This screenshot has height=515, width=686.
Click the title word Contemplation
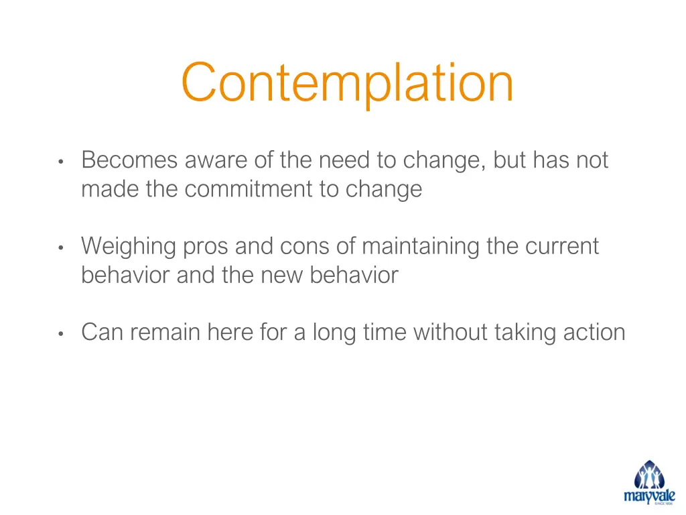click(347, 83)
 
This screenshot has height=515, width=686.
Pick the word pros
click(205, 247)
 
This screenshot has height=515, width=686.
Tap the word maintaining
click(420, 246)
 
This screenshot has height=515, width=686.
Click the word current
click(561, 246)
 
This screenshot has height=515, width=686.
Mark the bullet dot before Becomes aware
click(60, 162)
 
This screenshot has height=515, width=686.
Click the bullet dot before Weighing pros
click(60, 248)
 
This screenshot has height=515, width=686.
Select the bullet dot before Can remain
click(60, 334)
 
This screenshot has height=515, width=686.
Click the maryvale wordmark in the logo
click(649, 496)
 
